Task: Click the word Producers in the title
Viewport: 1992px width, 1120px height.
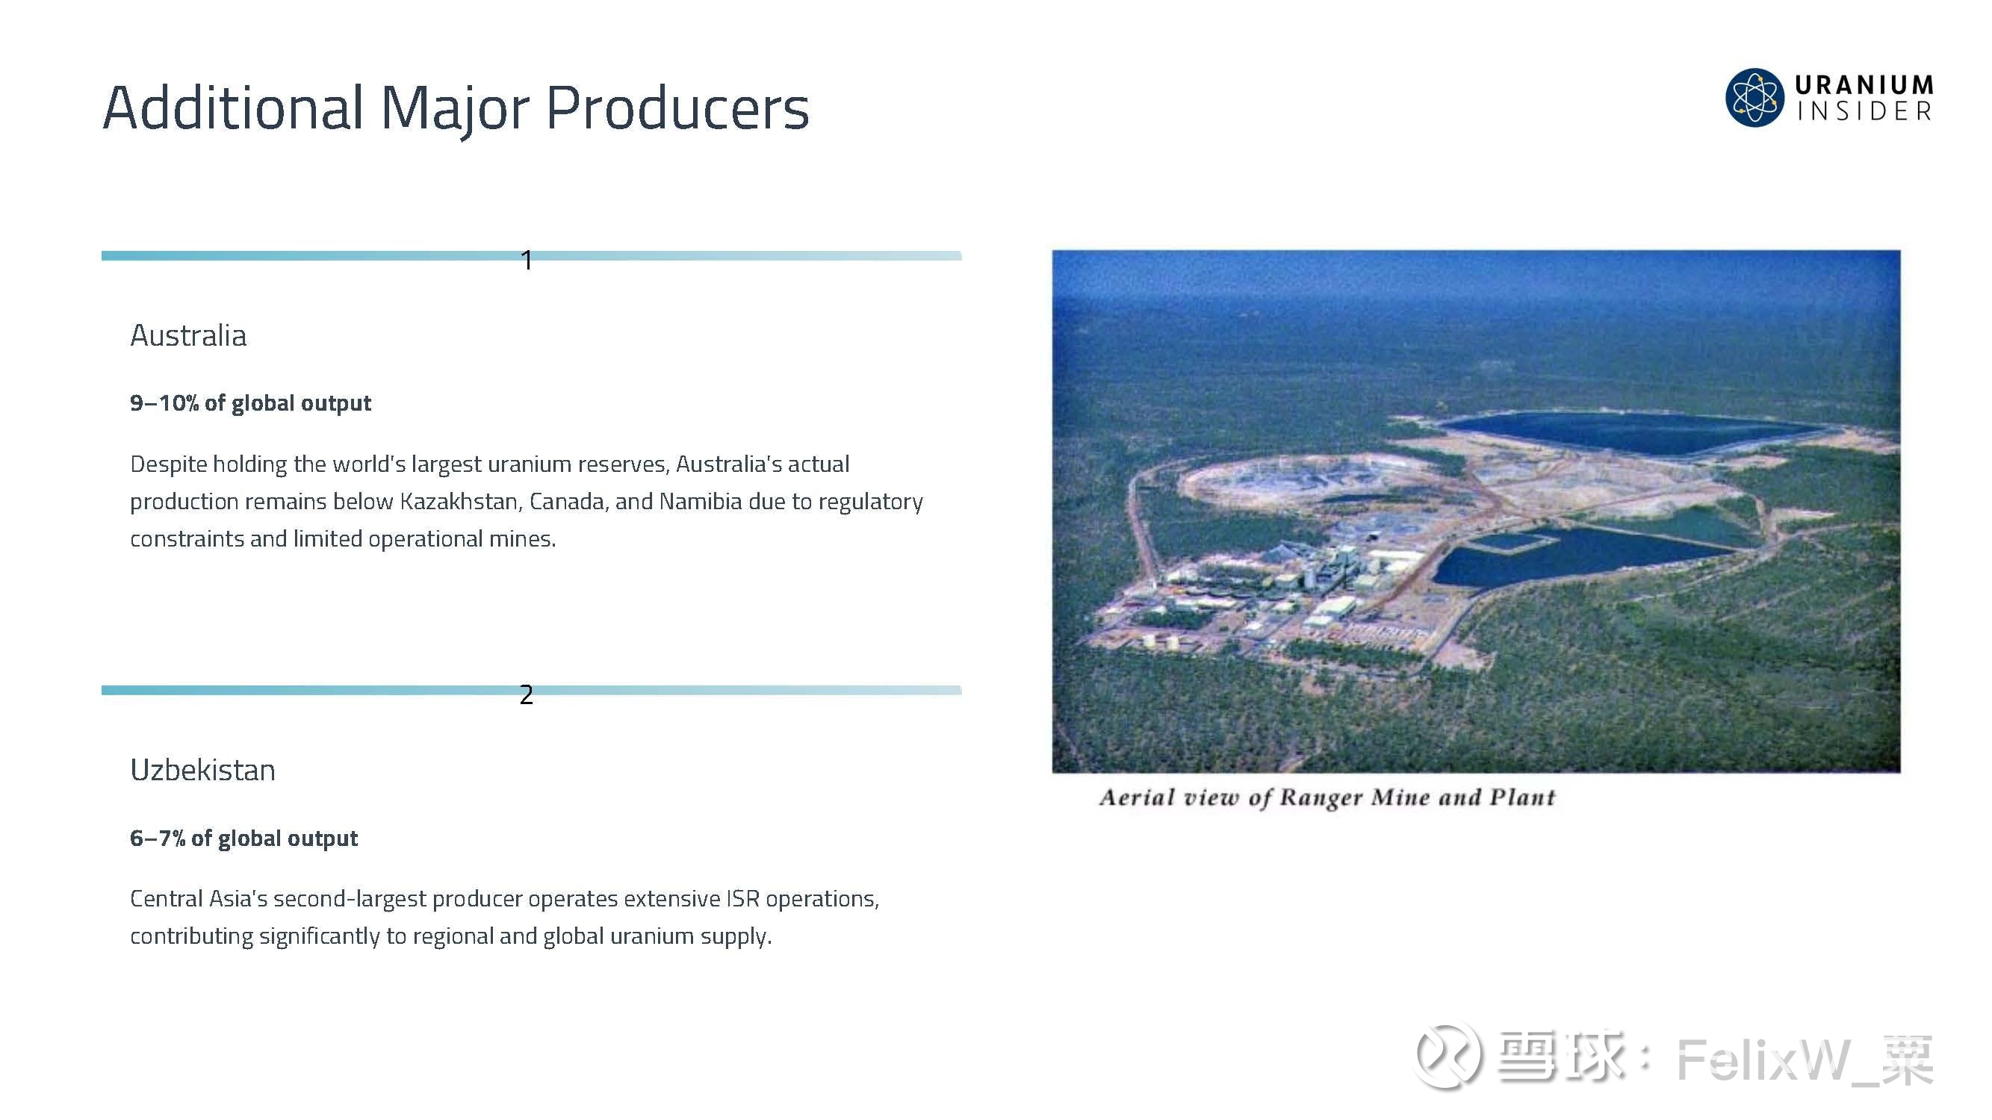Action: click(677, 108)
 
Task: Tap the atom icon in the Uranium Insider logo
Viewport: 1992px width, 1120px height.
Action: click(1754, 97)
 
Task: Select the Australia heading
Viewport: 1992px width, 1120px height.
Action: click(189, 335)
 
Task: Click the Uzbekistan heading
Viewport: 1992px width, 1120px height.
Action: click(202, 770)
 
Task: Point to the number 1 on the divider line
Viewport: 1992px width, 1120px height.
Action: click(527, 261)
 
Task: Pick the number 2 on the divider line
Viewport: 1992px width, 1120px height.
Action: click(527, 695)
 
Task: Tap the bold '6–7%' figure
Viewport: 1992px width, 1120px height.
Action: click(158, 838)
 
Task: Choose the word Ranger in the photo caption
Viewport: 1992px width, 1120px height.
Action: click(1321, 797)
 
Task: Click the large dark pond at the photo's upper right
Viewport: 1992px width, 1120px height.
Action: click(1632, 433)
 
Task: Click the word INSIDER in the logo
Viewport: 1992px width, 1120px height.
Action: click(1864, 111)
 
